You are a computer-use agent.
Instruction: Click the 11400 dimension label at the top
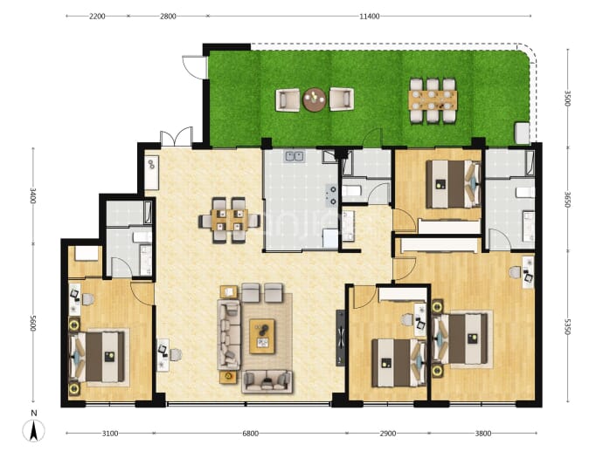coord(369,16)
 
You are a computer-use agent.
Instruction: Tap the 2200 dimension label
coord(97,16)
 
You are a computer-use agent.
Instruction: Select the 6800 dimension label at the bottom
coord(250,434)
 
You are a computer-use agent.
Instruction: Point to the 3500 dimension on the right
coord(568,98)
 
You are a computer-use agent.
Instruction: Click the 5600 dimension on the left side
coord(32,324)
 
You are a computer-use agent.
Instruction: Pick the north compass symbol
coord(34,427)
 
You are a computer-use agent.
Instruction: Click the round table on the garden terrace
coord(315,99)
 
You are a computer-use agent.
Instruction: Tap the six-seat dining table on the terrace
coord(433,100)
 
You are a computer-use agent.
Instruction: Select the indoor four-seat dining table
coord(229,220)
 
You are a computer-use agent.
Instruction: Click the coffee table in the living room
coord(262,336)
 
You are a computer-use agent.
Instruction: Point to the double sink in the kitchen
coord(295,156)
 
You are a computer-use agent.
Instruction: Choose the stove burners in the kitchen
coord(331,195)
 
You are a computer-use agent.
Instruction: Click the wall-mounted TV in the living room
coord(340,338)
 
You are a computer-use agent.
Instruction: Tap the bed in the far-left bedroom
coord(97,357)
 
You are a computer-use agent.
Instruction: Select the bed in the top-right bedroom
coord(454,184)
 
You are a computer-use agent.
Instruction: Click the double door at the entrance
coord(177,138)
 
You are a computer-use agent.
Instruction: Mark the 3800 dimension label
coord(483,434)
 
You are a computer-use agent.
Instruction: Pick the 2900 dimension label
coord(388,434)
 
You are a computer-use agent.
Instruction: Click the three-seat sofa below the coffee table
coord(267,380)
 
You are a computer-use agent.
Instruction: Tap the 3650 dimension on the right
coord(568,199)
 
